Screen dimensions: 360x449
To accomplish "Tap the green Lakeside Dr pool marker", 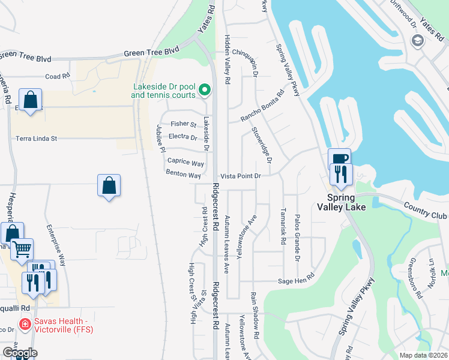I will (205, 91).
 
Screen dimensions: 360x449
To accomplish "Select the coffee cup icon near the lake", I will (339, 158).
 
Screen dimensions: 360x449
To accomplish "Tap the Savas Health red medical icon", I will (25, 325).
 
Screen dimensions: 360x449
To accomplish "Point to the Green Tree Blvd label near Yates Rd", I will (152, 53).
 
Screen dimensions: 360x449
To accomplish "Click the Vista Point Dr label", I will (241, 176).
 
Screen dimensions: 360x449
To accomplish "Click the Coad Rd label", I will (58, 76).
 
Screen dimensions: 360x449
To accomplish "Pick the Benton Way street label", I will (183, 175).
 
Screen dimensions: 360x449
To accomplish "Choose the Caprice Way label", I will (185, 162).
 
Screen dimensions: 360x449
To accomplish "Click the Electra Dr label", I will (184, 136).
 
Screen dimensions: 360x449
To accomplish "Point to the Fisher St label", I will (183, 124).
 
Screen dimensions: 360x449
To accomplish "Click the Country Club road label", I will (425, 211).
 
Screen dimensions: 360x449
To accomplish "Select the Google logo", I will (19, 352).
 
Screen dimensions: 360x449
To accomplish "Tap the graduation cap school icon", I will (417, 41).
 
